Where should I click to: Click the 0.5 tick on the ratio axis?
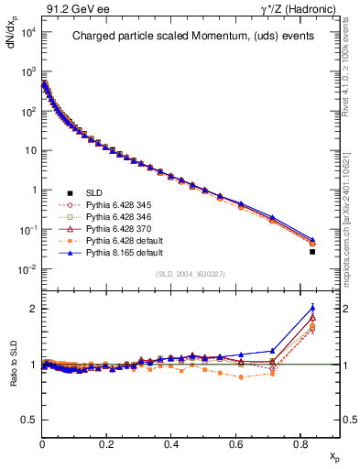[x=29, y=420]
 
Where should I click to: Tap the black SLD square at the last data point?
[x=312, y=251]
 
